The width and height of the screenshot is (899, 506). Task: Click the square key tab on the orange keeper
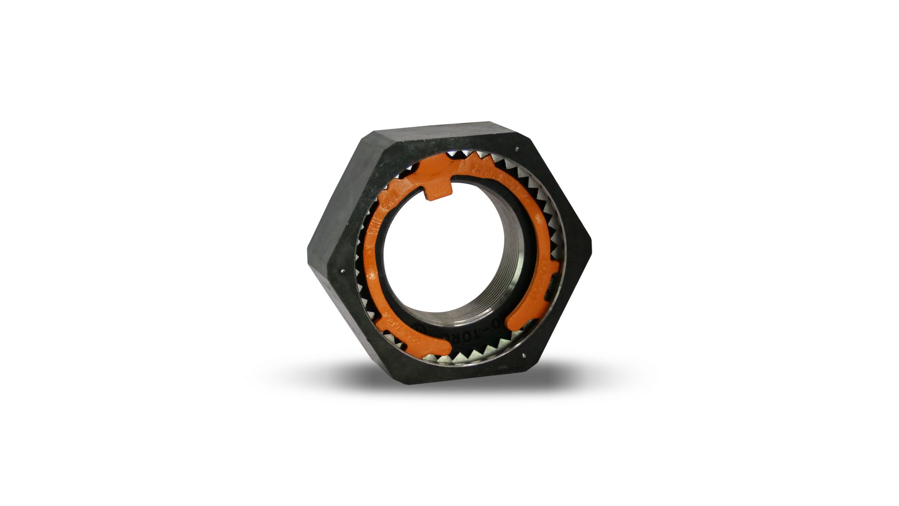click(x=440, y=190)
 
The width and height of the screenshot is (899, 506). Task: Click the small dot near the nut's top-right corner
click(x=519, y=148)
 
